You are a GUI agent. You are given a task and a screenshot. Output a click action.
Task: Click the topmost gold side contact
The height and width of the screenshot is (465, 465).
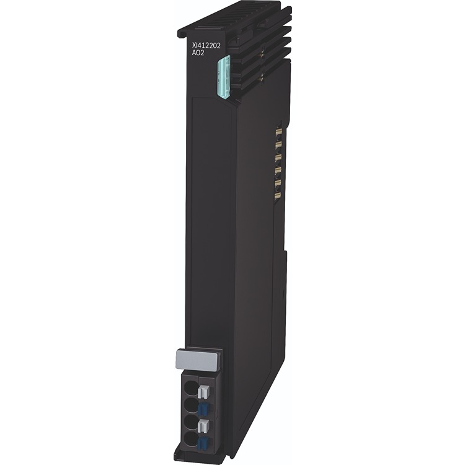pos(277,133)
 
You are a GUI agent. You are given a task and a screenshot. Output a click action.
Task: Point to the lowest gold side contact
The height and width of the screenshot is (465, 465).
pos(277,196)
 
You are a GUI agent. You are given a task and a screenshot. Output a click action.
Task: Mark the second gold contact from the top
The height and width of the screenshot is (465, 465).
pos(277,145)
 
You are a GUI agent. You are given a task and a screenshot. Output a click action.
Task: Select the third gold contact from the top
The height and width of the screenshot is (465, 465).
pos(277,157)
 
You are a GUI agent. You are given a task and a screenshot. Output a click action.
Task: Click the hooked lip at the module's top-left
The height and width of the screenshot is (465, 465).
pos(184,31)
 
